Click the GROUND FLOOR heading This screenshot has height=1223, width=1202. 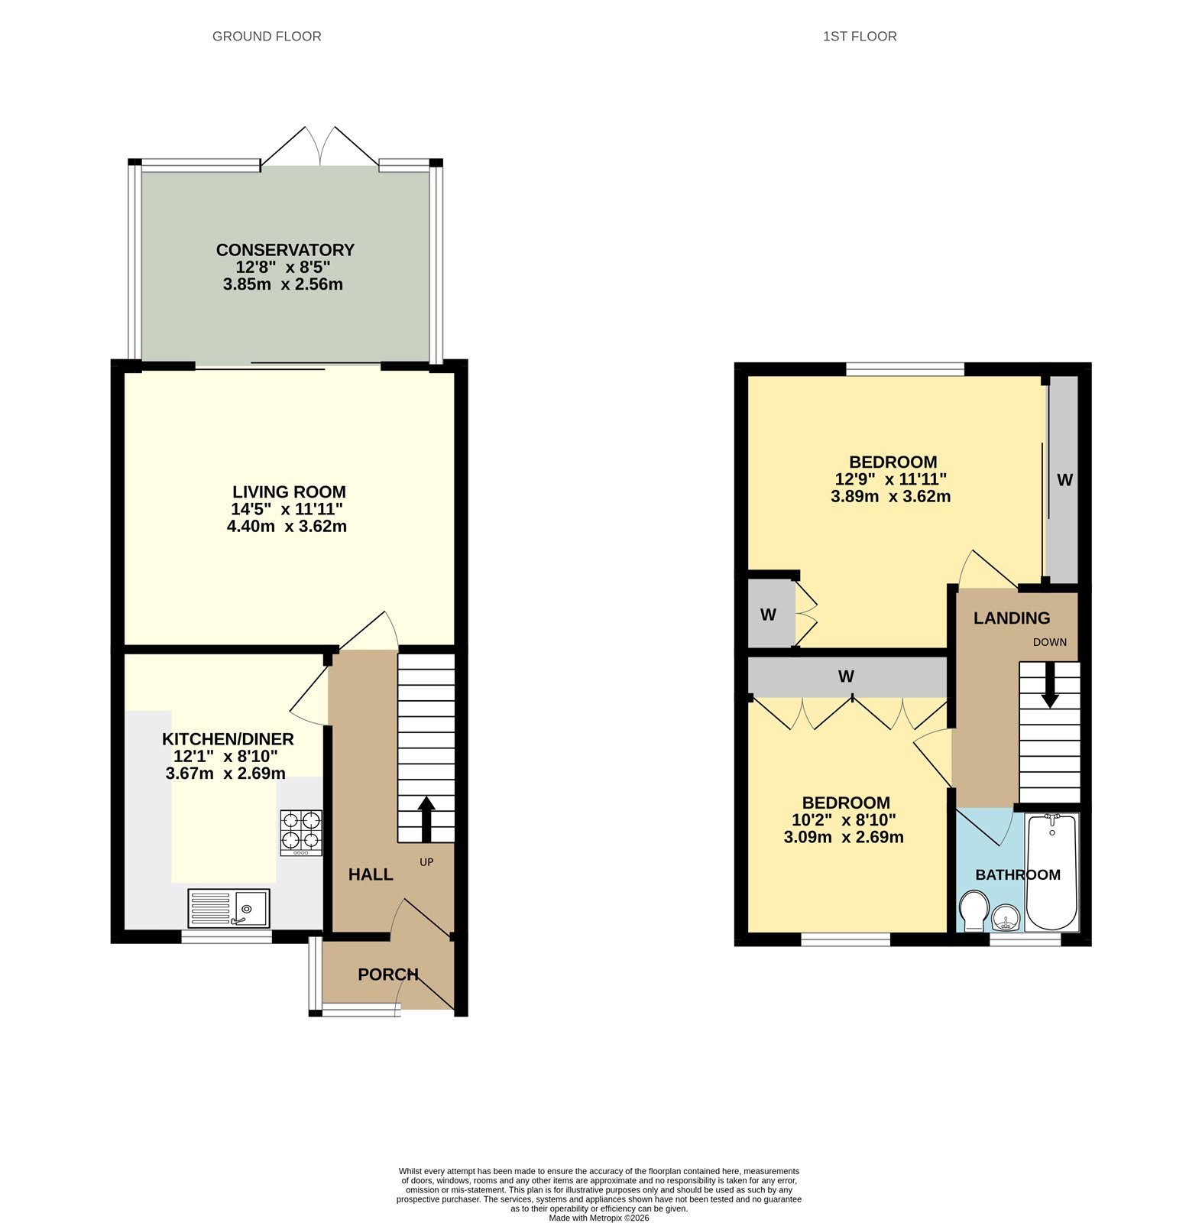(x=267, y=36)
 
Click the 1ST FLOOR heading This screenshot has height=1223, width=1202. (x=859, y=36)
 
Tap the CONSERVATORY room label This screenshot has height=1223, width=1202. (x=285, y=250)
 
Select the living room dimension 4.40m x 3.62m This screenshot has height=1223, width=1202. (x=287, y=526)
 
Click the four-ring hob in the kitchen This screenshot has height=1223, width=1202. (x=300, y=832)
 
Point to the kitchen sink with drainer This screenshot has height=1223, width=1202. (x=228, y=907)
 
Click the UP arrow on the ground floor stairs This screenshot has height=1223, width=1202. (x=426, y=818)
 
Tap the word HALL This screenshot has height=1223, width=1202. (x=371, y=874)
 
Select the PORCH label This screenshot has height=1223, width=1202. (x=388, y=975)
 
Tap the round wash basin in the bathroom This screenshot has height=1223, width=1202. (x=1006, y=918)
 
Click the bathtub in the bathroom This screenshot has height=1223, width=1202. (x=1051, y=871)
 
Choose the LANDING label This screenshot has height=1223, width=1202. (x=1011, y=618)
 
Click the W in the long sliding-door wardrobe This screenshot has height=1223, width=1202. (x=1064, y=480)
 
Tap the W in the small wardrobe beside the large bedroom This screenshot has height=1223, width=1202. (x=768, y=615)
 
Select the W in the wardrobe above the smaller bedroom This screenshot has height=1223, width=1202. (x=845, y=676)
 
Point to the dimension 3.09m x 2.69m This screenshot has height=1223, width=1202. (x=844, y=837)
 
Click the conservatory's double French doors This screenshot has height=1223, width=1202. (x=319, y=147)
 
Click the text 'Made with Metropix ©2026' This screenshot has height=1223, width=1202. (x=598, y=1218)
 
